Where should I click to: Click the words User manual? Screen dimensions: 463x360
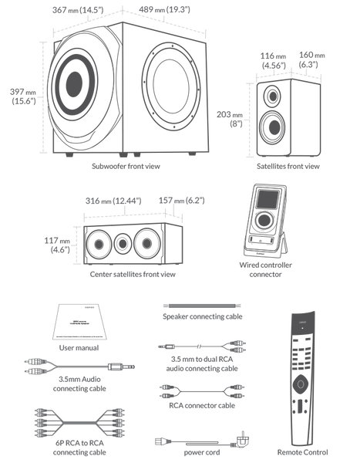[x=78, y=348]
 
